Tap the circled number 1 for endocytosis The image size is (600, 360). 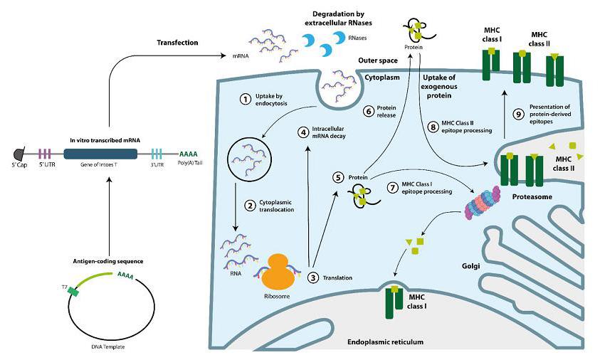click(246, 99)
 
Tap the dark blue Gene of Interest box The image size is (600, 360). click(99, 154)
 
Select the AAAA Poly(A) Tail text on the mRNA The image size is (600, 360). click(189, 154)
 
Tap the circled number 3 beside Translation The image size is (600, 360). click(312, 277)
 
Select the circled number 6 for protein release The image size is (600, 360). click(368, 110)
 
